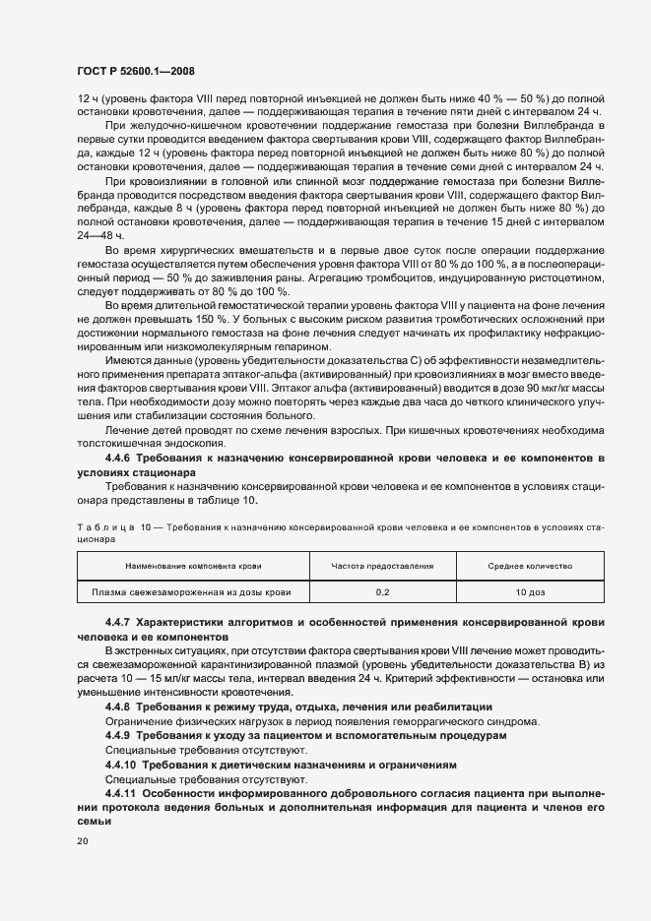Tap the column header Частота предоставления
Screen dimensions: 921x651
pyautogui.click(x=382, y=567)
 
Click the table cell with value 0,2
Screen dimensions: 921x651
pyautogui.click(x=382, y=592)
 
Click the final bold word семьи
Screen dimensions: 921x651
pyautogui.click(x=92, y=821)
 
